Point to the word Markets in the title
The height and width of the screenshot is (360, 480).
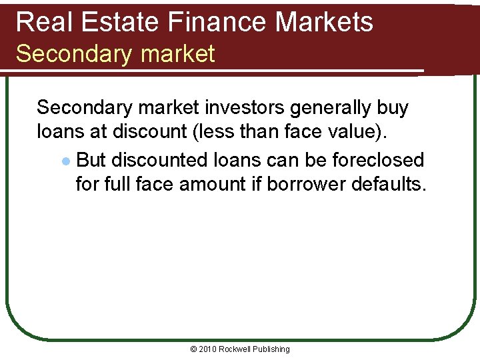(x=324, y=22)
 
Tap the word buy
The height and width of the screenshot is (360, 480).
(x=393, y=108)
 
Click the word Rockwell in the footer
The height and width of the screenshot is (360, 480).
(x=238, y=349)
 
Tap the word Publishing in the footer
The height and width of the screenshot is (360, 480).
(x=273, y=349)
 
